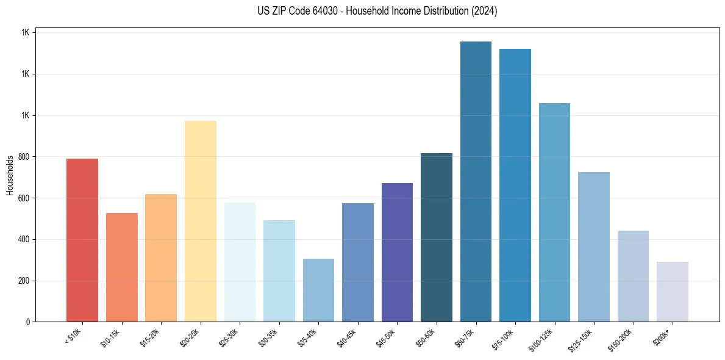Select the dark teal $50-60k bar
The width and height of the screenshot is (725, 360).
tap(437, 237)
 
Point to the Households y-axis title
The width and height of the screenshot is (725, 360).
tap(10, 175)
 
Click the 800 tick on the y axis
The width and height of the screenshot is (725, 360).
tap(23, 157)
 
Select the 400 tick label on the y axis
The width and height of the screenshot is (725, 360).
tap(23, 240)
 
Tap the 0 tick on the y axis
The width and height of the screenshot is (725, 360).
tap(28, 322)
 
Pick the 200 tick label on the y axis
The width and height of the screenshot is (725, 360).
tap(23, 281)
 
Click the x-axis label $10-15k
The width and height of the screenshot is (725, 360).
tap(111, 337)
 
